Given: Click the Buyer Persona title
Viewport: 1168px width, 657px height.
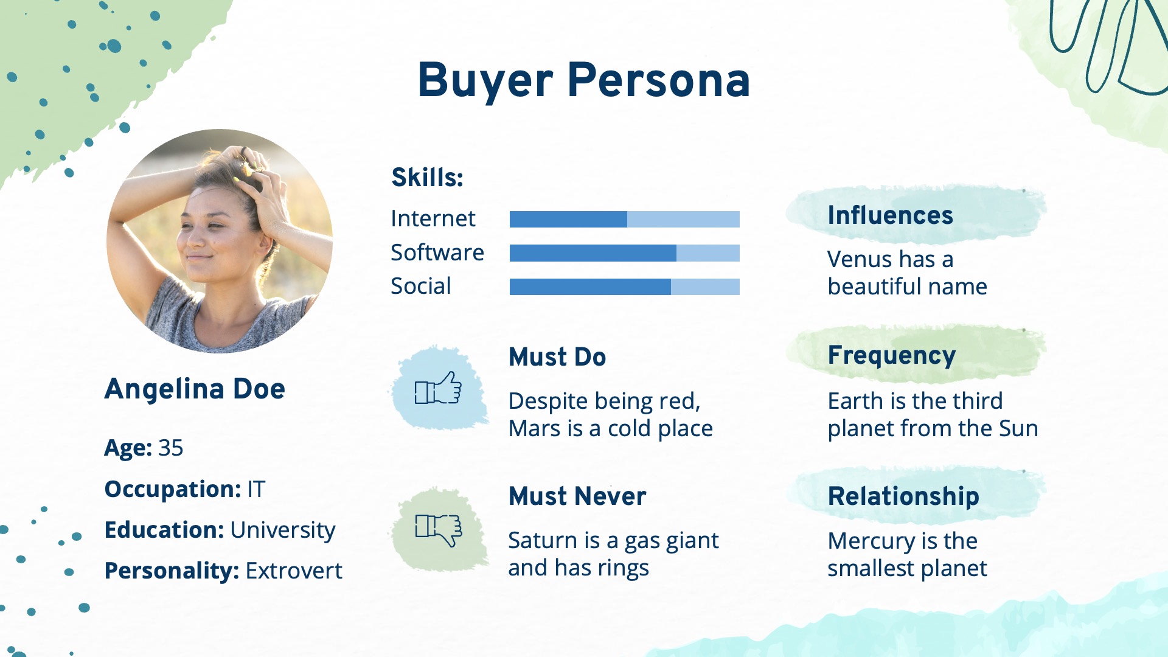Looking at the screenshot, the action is tap(584, 80).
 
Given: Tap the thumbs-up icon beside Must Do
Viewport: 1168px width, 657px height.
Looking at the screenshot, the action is tap(438, 388).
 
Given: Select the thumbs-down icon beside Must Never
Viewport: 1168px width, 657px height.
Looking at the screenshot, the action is tap(439, 529).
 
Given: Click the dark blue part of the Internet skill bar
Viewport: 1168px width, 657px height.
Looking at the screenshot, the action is tap(568, 219).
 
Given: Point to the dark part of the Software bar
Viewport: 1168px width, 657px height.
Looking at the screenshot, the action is tap(593, 253).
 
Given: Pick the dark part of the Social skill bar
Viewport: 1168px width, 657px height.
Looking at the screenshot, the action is tap(590, 287).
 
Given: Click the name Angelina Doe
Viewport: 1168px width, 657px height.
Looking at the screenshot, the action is tap(195, 389).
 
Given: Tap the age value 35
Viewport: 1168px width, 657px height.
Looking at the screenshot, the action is tap(171, 448).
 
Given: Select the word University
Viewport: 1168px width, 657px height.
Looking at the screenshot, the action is tap(283, 530).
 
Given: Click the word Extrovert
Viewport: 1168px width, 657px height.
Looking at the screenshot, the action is tap(294, 571).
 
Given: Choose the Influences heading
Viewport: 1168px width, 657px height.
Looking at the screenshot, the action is tap(891, 215).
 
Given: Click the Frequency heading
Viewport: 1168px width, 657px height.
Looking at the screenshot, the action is tap(892, 356).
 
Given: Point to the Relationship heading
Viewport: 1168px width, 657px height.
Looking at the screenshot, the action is tap(904, 496).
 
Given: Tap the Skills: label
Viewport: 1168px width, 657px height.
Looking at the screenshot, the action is tap(427, 178).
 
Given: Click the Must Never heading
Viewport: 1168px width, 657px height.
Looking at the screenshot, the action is tap(577, 496).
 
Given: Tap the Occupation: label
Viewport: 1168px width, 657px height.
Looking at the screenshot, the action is tap(173, 490).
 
